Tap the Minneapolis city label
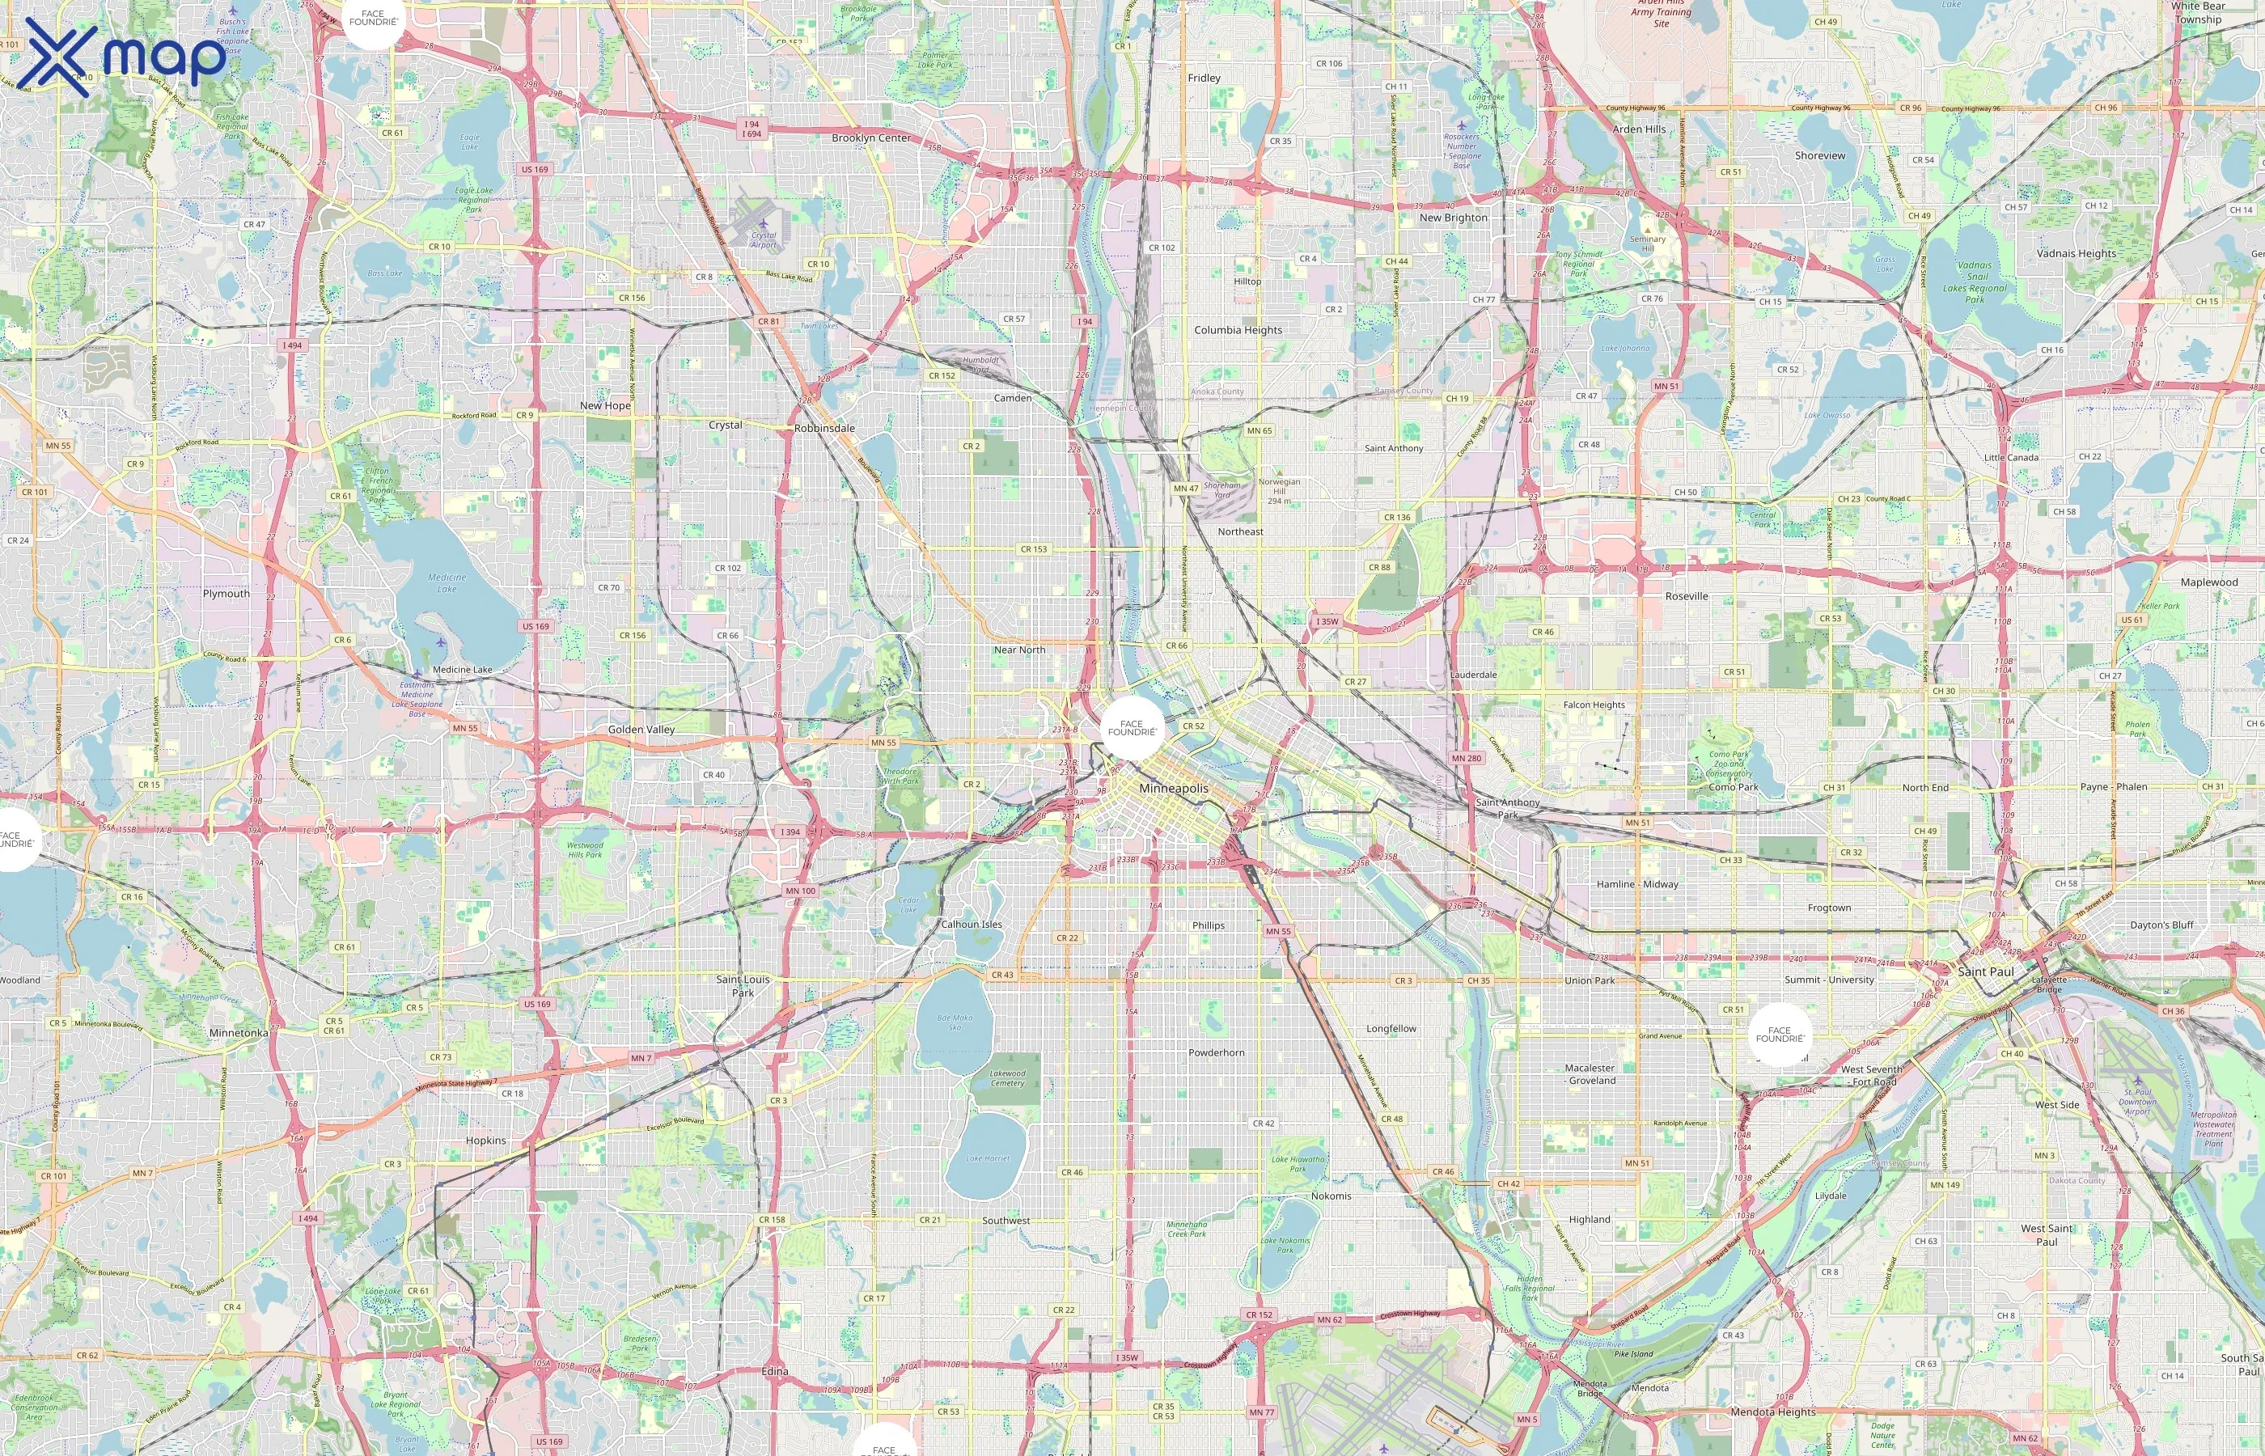tap(1173, 789)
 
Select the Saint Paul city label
tap(1985, 972)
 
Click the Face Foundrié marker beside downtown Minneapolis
tap(1132, 728)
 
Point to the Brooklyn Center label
tap(870, 138)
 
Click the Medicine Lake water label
tap(447, 582)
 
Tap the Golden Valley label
tap(641, 730)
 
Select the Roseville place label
tap(1687, 597)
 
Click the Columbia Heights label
tap(1238, 330)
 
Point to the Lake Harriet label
tap(987, 1158)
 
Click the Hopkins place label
tap(486, 1141)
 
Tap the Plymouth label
tap(226, 594)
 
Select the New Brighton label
tap(1453, 218)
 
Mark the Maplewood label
tap(2209, 582)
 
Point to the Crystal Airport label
tap(763, 239)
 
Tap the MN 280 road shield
tap(1467, 758)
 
